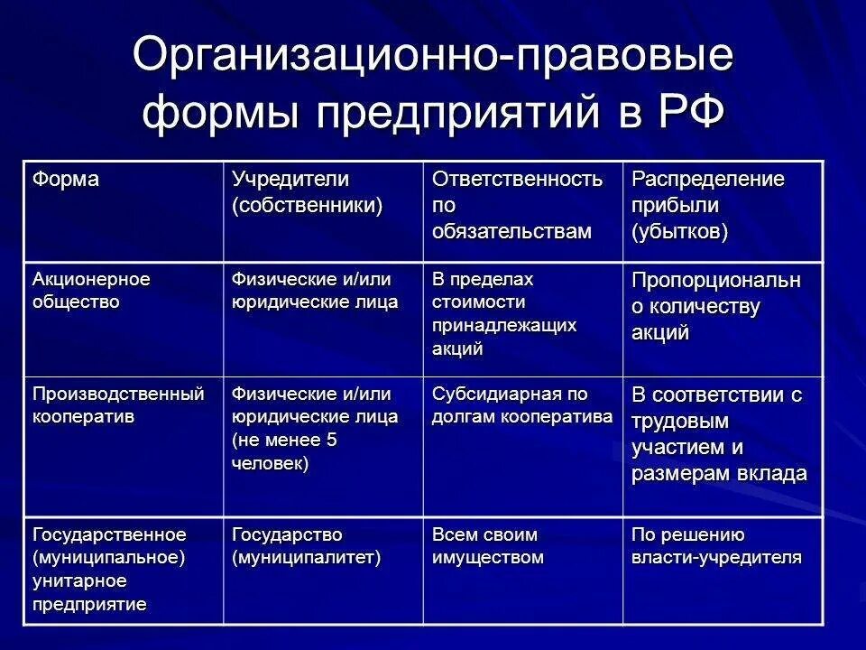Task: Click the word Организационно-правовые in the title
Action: click(432, 56)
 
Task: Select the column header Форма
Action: click(66, 179)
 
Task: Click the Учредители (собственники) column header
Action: click(308, 191)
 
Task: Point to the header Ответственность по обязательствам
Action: click(517, 205)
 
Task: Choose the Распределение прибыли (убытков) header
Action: click(707, 205)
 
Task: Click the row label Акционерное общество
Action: click(91, 290)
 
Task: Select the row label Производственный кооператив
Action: click(118, 405)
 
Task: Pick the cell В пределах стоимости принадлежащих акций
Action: click(504, 313)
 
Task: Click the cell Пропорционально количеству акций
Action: click(715, 306)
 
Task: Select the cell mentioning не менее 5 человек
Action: click(310, 429)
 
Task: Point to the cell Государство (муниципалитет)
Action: click(307, 545)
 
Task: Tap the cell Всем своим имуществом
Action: click(488, 545)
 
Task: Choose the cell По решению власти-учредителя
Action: click(716, 545)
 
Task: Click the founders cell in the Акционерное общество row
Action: click(315, 290)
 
